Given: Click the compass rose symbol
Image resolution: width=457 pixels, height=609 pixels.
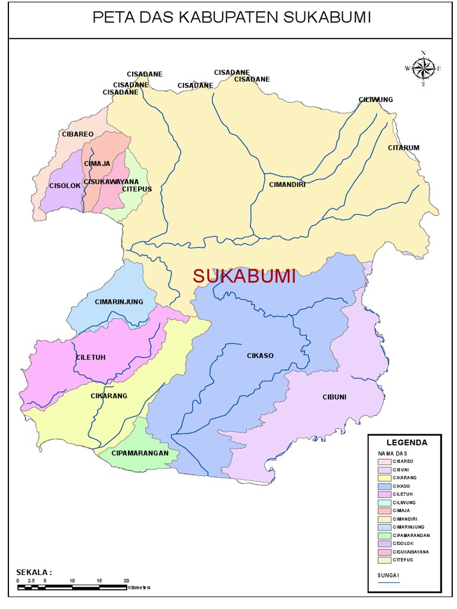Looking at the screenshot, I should pos(423,68).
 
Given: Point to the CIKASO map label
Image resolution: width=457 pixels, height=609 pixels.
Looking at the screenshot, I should pos(260,356).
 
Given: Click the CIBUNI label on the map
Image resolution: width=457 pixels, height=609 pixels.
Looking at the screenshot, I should pos(334,397).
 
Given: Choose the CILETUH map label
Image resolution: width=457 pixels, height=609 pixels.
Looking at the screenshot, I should pos(90,357).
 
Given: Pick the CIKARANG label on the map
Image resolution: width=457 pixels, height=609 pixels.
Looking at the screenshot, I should pos(108,396).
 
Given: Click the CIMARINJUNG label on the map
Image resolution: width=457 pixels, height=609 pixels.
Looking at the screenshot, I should pos(119,302).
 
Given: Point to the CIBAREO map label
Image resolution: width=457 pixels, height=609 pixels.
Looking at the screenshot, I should pos(77,134).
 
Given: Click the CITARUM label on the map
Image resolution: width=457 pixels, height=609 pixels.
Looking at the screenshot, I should pos(404,147).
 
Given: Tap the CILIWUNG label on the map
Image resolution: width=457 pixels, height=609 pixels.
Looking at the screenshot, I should pos(376,99).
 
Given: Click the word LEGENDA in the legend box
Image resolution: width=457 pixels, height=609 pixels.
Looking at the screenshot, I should pos(407,442).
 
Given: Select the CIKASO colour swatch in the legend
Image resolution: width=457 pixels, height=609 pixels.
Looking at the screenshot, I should pos(384,486).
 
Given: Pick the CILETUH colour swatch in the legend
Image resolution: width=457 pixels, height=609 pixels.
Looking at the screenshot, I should pos(384,494).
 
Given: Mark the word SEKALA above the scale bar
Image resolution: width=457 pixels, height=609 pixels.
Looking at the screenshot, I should pos(34,572).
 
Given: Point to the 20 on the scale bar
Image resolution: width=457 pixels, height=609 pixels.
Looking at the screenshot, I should pos(126,580).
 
